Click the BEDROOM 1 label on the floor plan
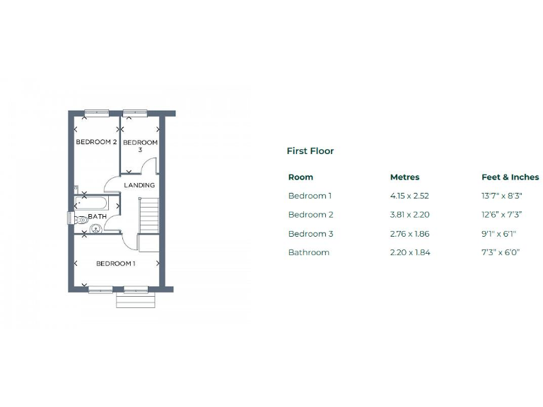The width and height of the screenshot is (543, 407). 115,264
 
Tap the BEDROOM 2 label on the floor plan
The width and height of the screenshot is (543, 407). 96,142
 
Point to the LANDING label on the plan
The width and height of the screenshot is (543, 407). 139,185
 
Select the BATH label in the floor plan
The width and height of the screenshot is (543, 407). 97,217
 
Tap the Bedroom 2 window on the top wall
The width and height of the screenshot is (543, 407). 96,112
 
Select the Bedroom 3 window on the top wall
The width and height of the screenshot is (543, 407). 134,112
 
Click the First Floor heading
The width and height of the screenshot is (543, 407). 310,151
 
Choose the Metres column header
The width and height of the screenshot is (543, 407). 404,177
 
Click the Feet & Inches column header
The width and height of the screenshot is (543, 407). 510,177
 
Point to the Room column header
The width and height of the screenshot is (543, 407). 300,177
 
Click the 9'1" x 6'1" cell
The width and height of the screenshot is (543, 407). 500,234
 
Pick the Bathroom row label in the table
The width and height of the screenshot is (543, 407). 308,252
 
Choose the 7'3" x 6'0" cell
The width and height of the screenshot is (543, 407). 500,252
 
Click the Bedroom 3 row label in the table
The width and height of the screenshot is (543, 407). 310,234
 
